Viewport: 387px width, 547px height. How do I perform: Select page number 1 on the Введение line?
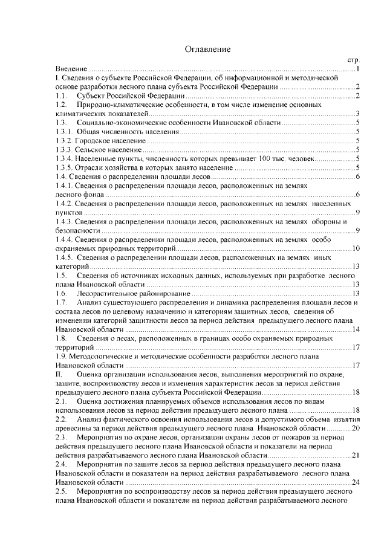point(358,70)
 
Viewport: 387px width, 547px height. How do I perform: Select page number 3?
point(358,114)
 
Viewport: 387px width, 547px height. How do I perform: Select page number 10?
point(356,248)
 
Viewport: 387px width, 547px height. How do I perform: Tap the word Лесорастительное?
point(109,293)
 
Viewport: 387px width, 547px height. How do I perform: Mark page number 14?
point(356,329)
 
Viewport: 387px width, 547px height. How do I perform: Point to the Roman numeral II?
point(59,375)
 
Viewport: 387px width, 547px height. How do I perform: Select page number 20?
point(356,428)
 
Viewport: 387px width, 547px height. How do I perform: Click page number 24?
point(356,482)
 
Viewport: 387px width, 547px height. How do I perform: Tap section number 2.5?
point(60,492)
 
